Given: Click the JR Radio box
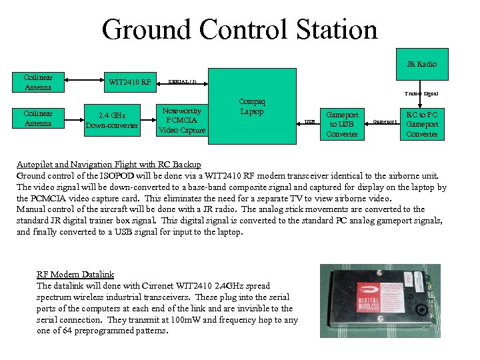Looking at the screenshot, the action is click(x=421, y=64).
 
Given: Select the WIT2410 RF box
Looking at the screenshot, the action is click(x=131, y=83).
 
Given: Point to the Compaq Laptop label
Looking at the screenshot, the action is click(x=253, y=107).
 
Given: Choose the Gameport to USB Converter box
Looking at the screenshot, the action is click(x=342, y=124).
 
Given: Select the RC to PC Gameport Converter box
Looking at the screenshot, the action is click(x=422, y=124).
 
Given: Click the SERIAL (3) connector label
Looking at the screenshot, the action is click(x=182, y=81).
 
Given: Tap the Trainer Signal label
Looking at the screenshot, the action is click(x=421, y=94).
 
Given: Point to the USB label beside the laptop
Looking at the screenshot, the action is click(x=309, y=122).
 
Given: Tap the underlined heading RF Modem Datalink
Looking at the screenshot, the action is click(x=75, y=274).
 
